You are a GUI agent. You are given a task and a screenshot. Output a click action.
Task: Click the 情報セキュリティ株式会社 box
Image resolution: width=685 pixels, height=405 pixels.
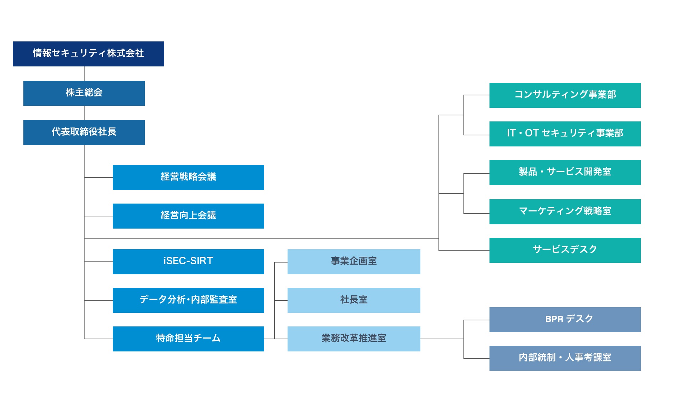88,54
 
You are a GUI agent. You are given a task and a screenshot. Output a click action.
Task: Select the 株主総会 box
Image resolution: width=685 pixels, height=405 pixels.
84,93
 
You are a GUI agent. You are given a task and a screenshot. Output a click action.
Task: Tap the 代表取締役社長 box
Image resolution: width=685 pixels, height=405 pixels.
84,132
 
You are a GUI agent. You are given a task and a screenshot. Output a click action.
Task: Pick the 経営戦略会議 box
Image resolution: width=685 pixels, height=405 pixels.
188,177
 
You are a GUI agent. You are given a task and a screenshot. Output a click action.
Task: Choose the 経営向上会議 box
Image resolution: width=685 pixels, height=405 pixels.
188,216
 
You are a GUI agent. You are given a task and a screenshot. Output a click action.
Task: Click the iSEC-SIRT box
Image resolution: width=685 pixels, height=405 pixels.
188,262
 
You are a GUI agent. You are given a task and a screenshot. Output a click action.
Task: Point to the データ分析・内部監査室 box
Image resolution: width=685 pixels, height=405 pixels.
188,300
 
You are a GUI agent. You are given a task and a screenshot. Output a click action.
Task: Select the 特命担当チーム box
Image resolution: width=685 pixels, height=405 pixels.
188,339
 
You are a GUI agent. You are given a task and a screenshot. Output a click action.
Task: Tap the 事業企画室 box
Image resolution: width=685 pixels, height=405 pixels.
354,262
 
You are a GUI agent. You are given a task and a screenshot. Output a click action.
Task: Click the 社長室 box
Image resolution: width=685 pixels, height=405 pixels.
354,300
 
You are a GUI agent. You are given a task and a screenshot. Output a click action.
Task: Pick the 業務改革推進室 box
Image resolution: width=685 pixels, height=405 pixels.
354,339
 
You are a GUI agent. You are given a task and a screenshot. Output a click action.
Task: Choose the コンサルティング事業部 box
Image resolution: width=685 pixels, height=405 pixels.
565,95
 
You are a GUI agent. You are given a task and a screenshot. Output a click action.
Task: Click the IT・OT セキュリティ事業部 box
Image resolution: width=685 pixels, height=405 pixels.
565,134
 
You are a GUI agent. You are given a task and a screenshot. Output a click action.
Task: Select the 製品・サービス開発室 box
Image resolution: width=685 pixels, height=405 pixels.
565,172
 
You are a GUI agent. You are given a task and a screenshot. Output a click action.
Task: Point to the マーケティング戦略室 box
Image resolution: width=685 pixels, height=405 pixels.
565,212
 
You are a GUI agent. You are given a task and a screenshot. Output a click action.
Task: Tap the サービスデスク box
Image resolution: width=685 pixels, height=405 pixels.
565,250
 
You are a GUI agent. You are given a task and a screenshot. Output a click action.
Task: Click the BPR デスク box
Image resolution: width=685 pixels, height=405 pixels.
565,320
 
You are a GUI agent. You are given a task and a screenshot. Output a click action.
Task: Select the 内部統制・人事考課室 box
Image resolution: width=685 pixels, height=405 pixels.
565,358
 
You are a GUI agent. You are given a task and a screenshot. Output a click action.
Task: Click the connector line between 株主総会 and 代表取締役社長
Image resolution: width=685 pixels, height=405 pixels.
84,113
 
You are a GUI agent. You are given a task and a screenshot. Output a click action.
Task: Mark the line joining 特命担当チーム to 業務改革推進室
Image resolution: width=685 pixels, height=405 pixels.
276,339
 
